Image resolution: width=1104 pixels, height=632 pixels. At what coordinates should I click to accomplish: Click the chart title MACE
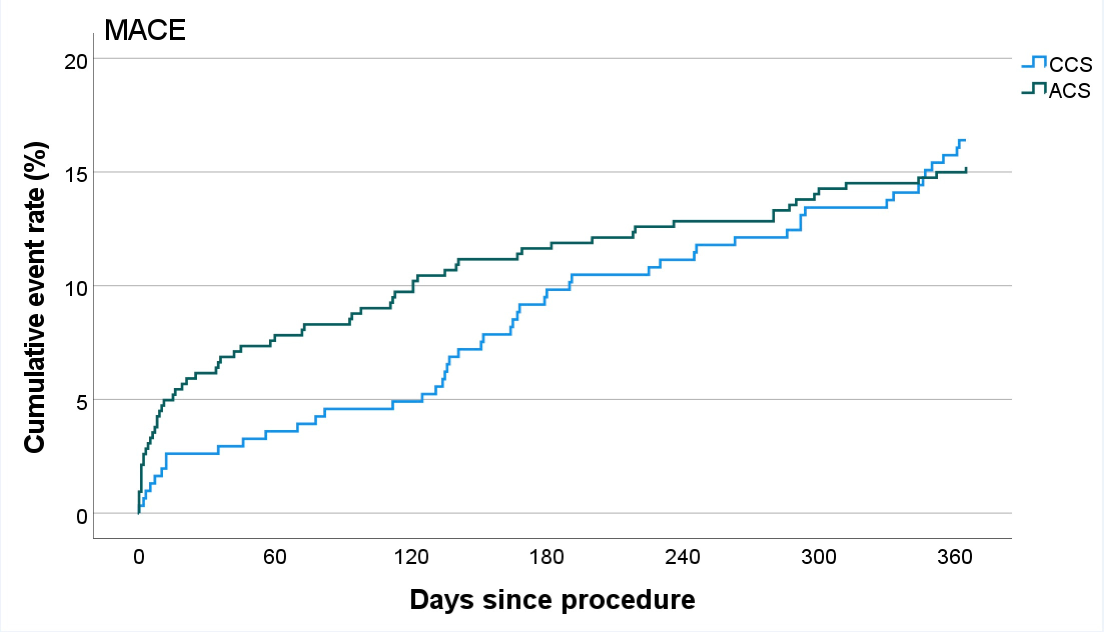coord(145,30)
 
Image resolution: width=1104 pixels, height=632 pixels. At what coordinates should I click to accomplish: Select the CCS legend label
coord(1070,65)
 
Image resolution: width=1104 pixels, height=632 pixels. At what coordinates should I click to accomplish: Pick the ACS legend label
coord(1069,91)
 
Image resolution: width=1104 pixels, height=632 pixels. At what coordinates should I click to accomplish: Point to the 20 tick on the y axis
coord(76,62)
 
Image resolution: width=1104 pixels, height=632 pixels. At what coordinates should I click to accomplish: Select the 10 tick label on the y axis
coord(76,289)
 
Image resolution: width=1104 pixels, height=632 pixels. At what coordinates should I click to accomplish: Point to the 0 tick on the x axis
coord(139,557)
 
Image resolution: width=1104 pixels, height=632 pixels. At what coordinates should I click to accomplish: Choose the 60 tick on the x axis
coord(275,557)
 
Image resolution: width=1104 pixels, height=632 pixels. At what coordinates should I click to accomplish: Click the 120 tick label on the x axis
coord(411,557)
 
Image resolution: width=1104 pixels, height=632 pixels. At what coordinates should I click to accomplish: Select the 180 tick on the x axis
coord(546,557)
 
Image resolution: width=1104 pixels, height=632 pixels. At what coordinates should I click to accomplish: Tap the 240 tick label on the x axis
coord(683,557)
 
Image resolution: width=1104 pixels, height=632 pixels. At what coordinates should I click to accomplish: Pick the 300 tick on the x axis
coord(818,557)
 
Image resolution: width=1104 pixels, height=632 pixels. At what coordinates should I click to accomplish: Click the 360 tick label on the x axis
coord(954,557)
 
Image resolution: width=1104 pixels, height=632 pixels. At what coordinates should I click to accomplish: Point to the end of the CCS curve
coord(964,140)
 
